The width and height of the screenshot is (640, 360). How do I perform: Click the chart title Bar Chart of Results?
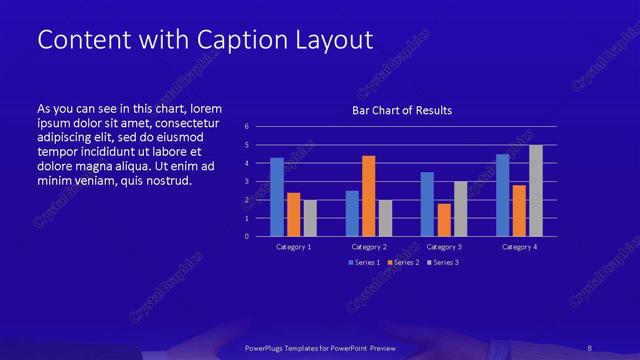401,110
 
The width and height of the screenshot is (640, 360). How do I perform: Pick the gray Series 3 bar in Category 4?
536,191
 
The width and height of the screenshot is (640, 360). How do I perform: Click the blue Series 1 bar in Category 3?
427,204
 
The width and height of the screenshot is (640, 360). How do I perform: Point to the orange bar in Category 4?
520,210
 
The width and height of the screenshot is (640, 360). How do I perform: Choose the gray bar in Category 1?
310,218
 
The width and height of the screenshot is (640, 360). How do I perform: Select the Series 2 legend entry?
402,262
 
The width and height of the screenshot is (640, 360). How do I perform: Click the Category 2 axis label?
369,246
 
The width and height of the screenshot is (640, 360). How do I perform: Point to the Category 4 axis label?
520,246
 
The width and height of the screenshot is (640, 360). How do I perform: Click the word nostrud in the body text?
167,181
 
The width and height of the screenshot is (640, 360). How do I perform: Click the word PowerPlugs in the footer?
268,349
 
